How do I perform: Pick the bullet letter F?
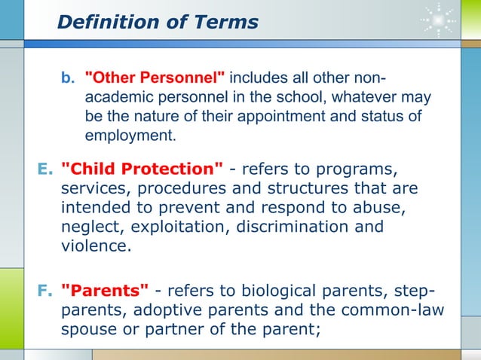tap(43, 291)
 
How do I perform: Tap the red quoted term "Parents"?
tap(104, 291)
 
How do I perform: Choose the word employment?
tap(129, 136)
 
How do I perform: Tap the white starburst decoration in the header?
tap(437, 20)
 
